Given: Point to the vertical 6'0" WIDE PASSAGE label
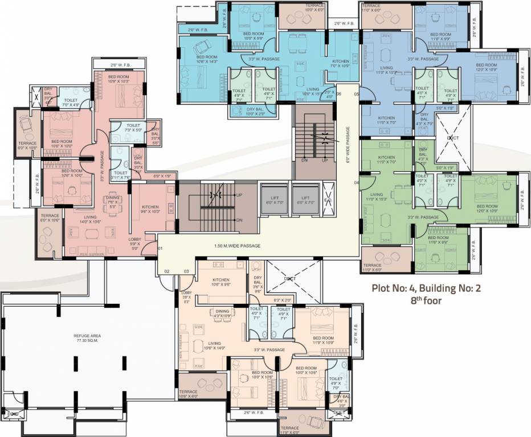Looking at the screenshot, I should [347, 144].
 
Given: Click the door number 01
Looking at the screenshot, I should [160, 249].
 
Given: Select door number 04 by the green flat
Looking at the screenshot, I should [357, 183].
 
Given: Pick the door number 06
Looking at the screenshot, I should [338, 94].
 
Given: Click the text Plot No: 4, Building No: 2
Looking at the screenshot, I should [426, 288].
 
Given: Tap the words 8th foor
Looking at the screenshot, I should [426, 300].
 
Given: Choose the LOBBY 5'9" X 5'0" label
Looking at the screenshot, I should [135, 243].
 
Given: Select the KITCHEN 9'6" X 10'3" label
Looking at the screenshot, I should [150, 209].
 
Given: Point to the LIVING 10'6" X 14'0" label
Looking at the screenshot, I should [214, 346].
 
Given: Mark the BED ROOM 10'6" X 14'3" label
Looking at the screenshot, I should [207, 60].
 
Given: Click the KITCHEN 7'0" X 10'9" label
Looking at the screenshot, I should [341, 64].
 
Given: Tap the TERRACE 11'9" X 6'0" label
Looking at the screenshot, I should [289, 430].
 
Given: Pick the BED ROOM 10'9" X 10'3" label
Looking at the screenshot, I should [119, 79].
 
